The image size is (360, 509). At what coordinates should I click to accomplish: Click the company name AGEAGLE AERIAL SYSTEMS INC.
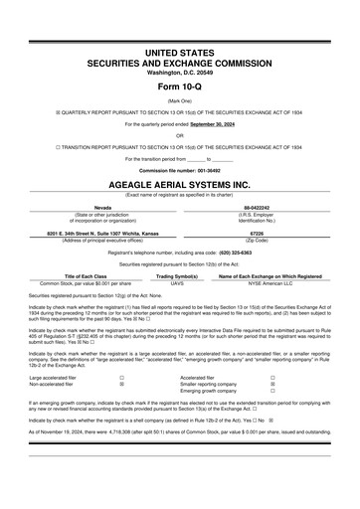pos(179,185)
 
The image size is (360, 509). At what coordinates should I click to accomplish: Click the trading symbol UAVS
pos(177,284)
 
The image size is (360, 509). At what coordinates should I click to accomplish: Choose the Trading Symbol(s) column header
pos(177,276)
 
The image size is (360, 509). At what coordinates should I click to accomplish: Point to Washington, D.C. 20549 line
pos(179,69)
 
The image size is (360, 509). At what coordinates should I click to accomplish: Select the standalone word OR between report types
pos(179,135)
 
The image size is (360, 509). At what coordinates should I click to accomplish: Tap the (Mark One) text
pos(179,100)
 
